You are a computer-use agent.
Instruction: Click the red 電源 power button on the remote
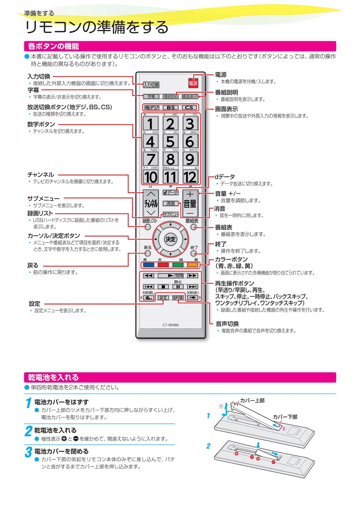(x=193, y=83)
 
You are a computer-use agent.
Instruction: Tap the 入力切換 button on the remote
(x=151, y=85)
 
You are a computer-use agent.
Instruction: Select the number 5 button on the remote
(x=170, y=142)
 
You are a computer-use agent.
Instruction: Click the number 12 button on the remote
(x=190, y=177)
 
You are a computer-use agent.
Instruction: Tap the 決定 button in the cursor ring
(x=170, y=239)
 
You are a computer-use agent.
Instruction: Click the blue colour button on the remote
(x=149, y=265)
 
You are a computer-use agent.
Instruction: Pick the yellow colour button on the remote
(x=192, y=265)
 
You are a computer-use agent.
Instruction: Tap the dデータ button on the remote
(x=170, y=192)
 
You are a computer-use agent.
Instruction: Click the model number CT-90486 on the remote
(x=170, y=325)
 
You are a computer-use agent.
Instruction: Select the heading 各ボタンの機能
(x=53, y=46)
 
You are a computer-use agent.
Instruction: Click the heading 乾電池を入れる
(x=53, y=377)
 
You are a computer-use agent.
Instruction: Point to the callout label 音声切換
(x=227, y=324)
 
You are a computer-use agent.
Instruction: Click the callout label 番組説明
(x=226, y=92)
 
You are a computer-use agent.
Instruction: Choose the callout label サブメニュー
(x=43, y=199)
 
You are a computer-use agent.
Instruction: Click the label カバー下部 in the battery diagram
(x=285, y=417)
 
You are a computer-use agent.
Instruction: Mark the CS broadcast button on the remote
(x=189, y=108)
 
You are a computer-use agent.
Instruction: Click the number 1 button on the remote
(x=151, y=124)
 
